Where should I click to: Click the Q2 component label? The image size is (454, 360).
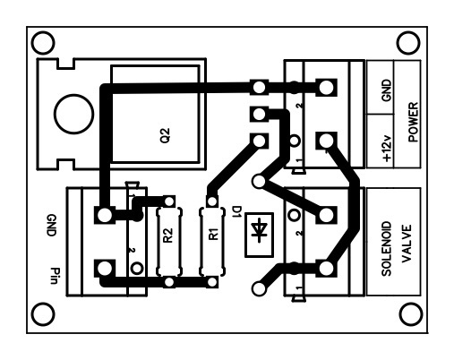tap(165, 135)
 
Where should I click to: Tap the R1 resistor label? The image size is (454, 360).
tap(214, 234)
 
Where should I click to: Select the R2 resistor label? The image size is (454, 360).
tap(168, 236)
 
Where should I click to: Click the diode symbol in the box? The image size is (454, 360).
tap(259, 230)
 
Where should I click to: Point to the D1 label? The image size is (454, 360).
tap(236, 212)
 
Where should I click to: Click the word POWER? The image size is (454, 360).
tap(413, 122)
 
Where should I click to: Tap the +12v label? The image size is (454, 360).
tap(387, 149)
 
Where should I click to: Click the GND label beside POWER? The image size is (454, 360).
tap(386, 90)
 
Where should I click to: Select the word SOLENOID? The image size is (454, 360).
tap(386, 249)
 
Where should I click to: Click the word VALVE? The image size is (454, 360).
tap(407, 244)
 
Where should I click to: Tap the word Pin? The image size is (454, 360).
tap(54, 276)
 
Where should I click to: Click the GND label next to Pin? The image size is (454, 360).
tap(51, 226)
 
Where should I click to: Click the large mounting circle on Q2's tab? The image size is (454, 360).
tap(74, 114)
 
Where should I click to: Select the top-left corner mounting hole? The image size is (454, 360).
tap(43, 43)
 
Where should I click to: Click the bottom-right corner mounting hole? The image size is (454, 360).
tap(411, 314)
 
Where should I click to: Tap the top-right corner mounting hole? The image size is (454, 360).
tap(408, 43)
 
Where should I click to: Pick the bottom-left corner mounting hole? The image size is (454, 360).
tap(43, 314)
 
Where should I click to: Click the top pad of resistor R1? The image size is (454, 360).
tap(212, 201)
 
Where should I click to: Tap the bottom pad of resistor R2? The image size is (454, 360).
tap(169, 282)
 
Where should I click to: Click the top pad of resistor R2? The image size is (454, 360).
tap(169, 201)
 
